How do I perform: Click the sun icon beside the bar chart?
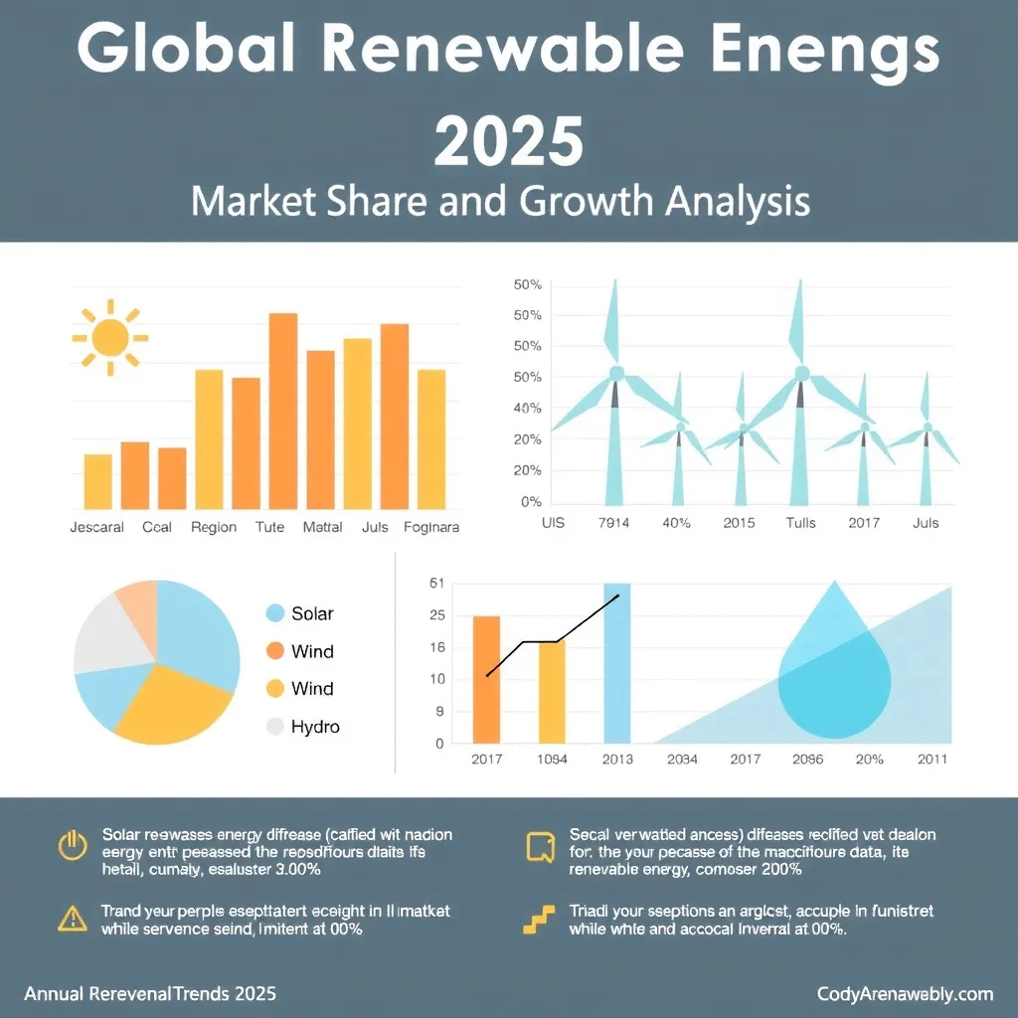pos(109,338)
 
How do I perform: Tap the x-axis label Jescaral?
pos(96,527)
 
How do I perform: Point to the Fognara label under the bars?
pos(431,527)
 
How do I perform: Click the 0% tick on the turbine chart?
pos(530,502)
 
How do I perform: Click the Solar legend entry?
pos(312,613)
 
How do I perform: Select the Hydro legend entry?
pos(314,727)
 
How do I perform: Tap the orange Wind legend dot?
pos(276,651)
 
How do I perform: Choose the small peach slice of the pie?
pos(137,602)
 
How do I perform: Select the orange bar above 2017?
pos(486,679)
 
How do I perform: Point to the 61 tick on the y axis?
pos(436,584)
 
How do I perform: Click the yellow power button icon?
pos(73,847)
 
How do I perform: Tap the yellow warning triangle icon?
pos(73,920)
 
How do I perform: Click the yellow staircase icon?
pos(538,920)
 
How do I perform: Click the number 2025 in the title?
pos(508,142)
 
